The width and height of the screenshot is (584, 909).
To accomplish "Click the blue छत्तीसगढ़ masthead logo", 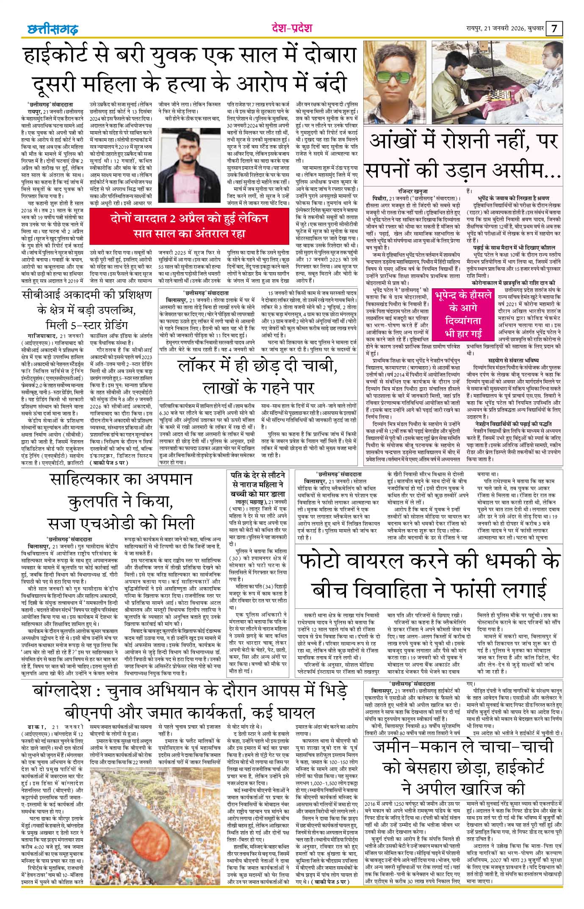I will [51, 29].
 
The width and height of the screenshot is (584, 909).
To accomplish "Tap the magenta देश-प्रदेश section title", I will [292, 28].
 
